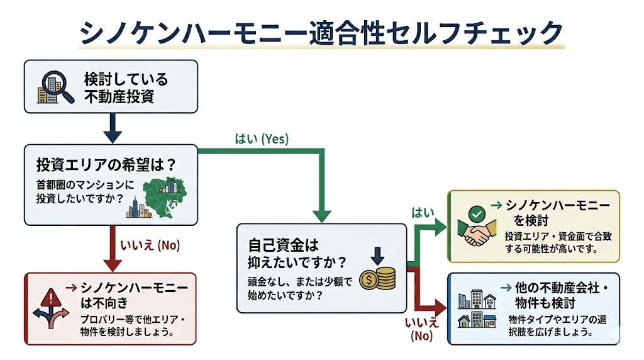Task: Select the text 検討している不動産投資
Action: point(126,87)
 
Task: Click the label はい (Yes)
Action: point(261,139)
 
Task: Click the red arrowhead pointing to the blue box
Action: point(440,308)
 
